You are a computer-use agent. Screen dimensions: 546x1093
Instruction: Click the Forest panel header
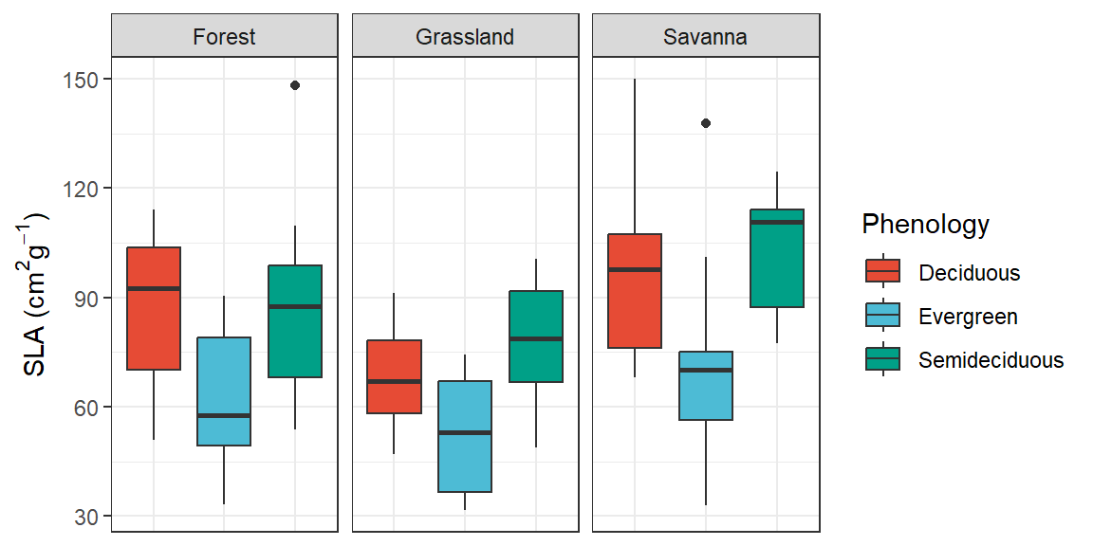click(224, 37)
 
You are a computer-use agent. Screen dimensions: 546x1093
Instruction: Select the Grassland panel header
click(465, 37)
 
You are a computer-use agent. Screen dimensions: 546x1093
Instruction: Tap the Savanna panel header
click(706, 37)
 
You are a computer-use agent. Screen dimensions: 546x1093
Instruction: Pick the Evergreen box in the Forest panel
click(224, 391)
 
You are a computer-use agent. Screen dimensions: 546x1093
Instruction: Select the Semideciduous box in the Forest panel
click(295, 321)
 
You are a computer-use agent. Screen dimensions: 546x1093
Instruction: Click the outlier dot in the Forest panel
click(295, 85)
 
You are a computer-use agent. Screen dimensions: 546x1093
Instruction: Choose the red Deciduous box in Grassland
click(394, 376)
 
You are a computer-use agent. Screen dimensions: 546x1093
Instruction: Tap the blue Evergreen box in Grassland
click(465, 436)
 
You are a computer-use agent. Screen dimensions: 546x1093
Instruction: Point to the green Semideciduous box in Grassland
click(536, 337)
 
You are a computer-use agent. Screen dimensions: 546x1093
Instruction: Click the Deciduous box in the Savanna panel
click(635, 291)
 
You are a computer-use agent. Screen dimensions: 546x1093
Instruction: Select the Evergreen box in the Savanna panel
click(706, 386)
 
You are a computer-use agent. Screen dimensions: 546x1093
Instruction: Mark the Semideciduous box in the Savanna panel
click(777, 258)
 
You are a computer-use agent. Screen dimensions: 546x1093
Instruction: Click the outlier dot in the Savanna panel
click(706, 123)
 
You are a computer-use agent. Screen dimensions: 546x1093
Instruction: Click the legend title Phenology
click(925, 225)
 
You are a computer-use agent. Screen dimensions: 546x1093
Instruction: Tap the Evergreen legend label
click(968, 317)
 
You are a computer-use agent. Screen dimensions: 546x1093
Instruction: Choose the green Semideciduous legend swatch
click(882, 360)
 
